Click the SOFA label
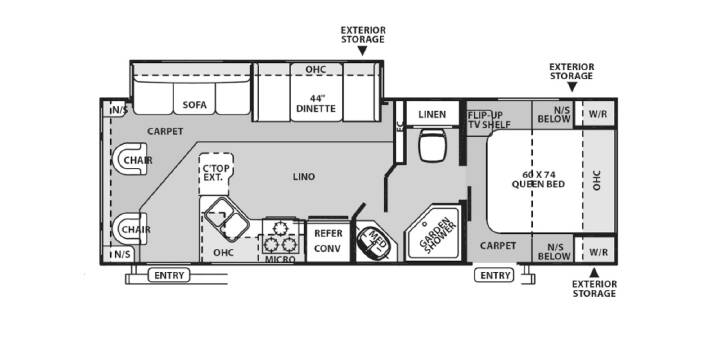tap(194, 105)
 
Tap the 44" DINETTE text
tap(316, 103)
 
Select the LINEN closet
tap(433, 113)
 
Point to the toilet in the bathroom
tap(432, 145)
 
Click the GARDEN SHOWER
tap(433, 234)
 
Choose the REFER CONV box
tap(328, 241)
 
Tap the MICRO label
tap(280, 259)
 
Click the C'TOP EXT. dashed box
tap(216, 174)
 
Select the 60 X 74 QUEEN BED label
tap(538, 179)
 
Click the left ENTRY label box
tap(169, 276)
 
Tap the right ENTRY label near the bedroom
tap(494, 276)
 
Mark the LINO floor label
tap(304, 176)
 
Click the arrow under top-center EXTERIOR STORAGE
tap(362, 51)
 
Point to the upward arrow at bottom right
tap(594, 272)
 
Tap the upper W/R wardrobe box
tap(598, 113)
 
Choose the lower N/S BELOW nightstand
tap(554, 251)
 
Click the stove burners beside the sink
tap(280, 236)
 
